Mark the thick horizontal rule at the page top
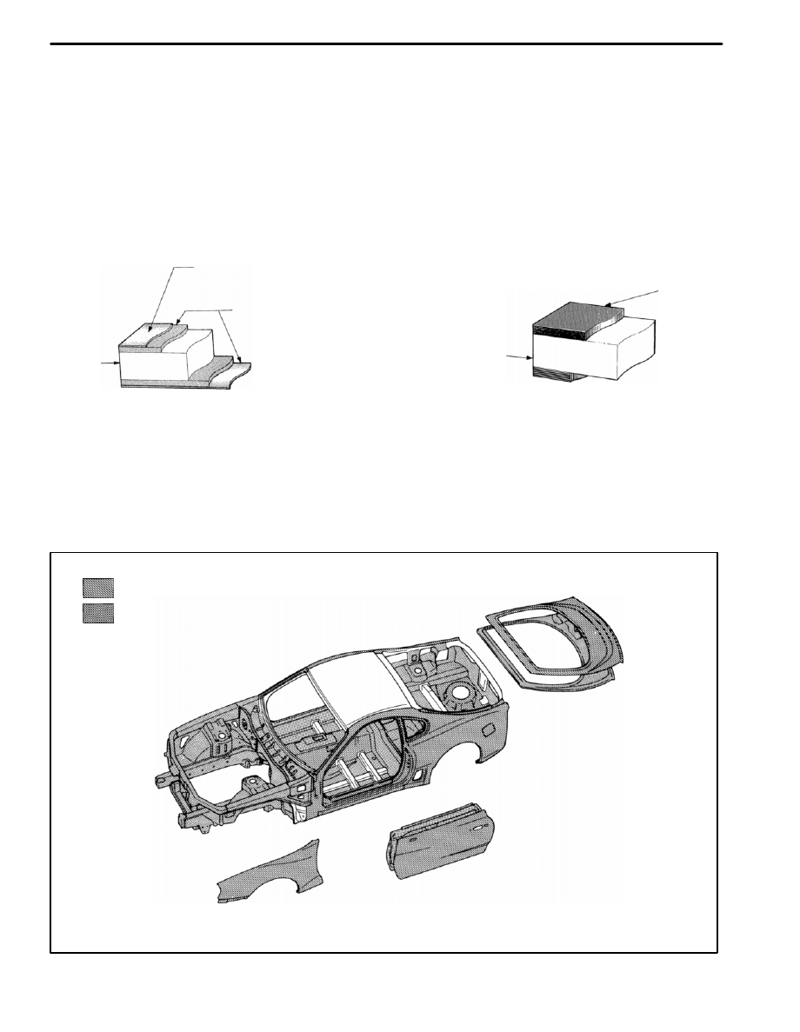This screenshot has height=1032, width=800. (387, 43)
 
